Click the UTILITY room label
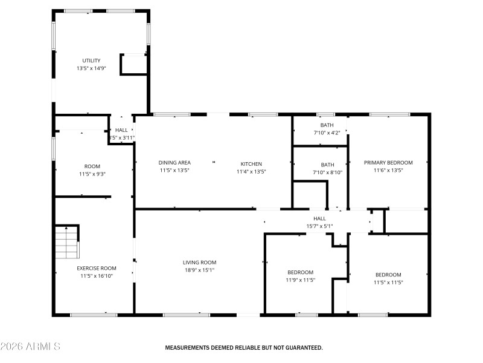[92, 60]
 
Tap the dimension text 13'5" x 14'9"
[92, 69]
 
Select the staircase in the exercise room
[67, 241]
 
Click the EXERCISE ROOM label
[96, 268]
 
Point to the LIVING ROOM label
[199, 263]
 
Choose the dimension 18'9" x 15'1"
[199, 270]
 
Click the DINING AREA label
[174, 163]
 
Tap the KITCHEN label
[251, 164]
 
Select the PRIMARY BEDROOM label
[388, 163]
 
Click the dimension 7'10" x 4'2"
[327, 133]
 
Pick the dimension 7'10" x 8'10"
[327, 172]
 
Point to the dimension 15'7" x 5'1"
[319, 227]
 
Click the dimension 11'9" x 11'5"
[300, 280]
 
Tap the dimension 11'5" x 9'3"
[92, 174]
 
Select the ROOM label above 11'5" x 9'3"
[92, 166]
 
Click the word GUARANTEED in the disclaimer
[302, 348]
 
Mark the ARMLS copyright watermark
[30, 347]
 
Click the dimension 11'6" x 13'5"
[388, 171]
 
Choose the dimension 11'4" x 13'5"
[251, 172]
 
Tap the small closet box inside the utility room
[133, 64]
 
